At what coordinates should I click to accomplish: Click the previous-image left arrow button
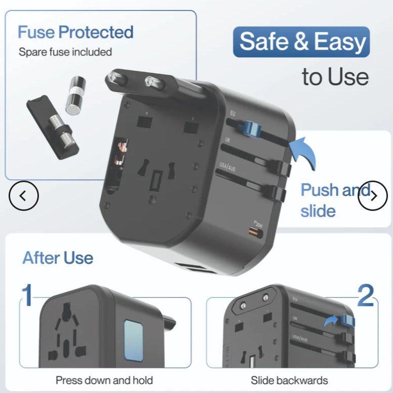[24, 195]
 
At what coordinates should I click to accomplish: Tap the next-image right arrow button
[373, 195]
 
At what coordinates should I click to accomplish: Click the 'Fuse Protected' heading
[75, 32]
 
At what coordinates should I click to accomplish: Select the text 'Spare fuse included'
[65, 52]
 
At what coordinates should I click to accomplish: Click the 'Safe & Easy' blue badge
[301, 42]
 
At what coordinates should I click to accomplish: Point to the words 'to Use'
[335, 76]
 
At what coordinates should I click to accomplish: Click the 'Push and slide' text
[334, 200]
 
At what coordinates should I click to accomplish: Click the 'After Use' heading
[58, 258]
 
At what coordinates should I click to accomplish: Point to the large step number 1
[28, 296]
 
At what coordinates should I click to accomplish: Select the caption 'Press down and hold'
[104, 380]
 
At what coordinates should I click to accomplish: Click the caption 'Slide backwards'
[289, 380]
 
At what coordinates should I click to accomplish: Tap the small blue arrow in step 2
[331, 320]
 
